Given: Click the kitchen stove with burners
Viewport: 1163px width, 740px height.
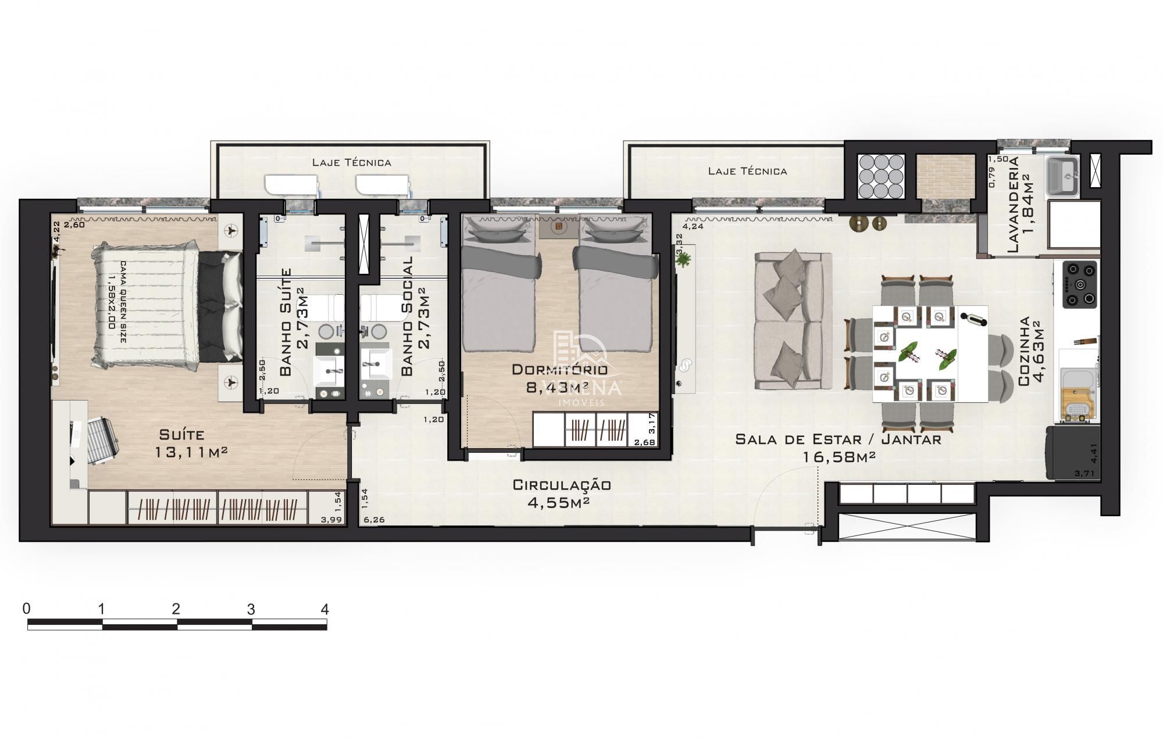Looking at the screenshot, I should (x=1080, y=284).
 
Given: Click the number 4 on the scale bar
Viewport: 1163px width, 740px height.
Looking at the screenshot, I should (x=324, y=609).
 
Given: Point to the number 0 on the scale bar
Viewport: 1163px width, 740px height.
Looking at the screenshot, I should (x=26, y=609).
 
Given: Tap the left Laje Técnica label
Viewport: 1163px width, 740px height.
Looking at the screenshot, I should (x=351, y=162).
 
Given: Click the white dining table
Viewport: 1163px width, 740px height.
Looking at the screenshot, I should (x=929, y=353).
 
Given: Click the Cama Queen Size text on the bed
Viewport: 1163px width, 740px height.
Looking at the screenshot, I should (x=117, y=302).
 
